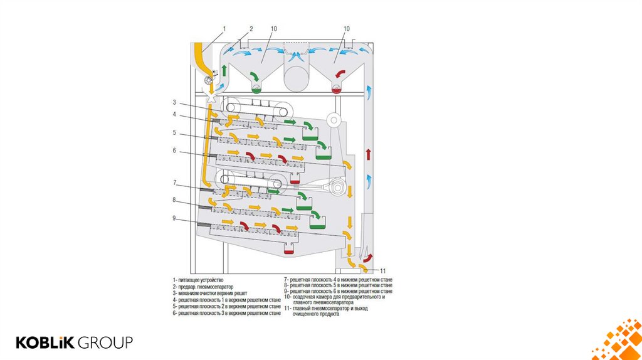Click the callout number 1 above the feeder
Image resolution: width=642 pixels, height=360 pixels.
coord(224,28)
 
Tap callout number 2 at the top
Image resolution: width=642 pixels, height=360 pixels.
coord(251,28)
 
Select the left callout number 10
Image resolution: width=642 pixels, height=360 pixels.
coord(274,28)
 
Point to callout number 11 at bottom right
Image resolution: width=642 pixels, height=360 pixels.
coord(382,270)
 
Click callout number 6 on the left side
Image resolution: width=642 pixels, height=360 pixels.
coord(175,151)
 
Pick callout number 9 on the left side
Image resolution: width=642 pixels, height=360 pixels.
coord(175,219)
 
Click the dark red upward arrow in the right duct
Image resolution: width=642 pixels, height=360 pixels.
coord(368,154)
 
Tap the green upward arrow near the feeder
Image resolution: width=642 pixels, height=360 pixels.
coord(224,70)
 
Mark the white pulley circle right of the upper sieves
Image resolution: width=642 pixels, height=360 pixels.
coord(334,120)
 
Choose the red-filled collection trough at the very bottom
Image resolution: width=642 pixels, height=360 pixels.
coord(289,250)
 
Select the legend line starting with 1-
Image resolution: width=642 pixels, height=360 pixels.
coord(198,280)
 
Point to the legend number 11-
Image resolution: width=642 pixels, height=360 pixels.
coord(287,308)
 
